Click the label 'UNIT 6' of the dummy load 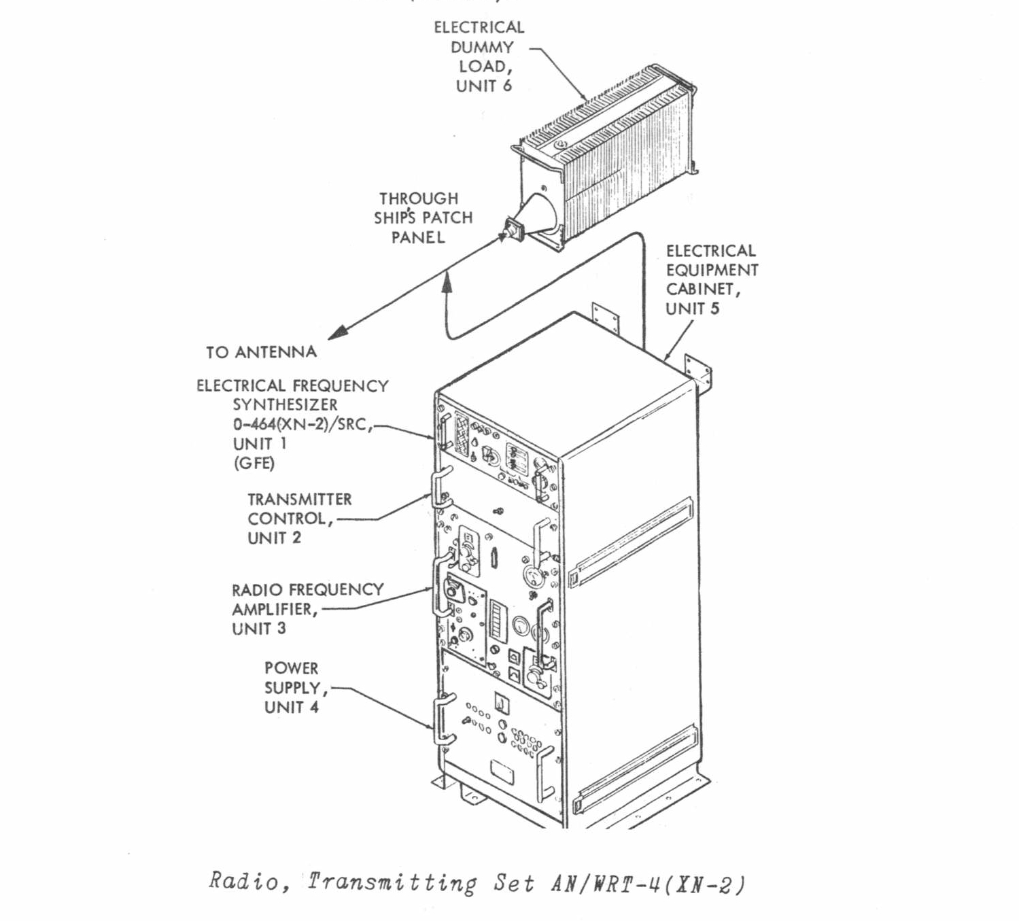pos(483,86)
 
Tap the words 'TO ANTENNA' pos(262,352)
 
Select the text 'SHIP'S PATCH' pos(423,218)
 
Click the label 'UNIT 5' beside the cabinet pos(692,309)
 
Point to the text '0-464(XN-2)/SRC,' pos(303,424)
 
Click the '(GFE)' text pos(254,464)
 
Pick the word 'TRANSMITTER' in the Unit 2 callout pos(300,500)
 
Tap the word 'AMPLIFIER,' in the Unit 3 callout pos(275,609)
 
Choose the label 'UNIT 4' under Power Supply pos(291,707)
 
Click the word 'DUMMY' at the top pos(482,48)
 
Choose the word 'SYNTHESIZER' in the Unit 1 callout pos(285,405)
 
